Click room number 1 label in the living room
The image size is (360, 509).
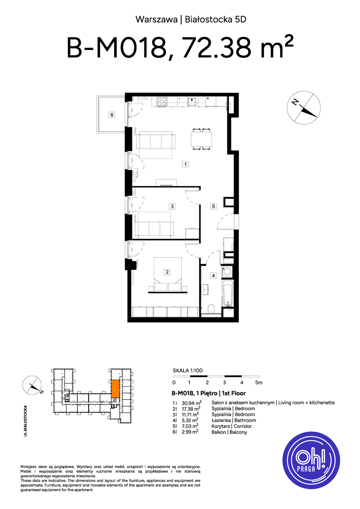tap(185, 164)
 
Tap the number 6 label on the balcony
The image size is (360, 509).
tap(112, 115)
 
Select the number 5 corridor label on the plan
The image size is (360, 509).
tap(213, 206)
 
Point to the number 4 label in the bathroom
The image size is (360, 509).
tap(213, 276)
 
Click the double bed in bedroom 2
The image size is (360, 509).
tap(168, 274)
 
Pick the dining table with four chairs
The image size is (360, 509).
tap(201, 139)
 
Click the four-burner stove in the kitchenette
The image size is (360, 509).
tap(162, 101)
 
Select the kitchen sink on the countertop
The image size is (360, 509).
tap(192, 101)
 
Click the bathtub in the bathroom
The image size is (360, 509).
tap(228, 293)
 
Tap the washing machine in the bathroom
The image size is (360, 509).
tap(227, 271)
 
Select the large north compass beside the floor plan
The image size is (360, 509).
tap(304, 108)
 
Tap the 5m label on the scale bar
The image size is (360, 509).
tap(258, 382)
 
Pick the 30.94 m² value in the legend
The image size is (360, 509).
tap(192, 403)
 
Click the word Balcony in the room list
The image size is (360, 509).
tap(238, 432)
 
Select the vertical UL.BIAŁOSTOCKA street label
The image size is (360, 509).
tap(25, 421)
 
